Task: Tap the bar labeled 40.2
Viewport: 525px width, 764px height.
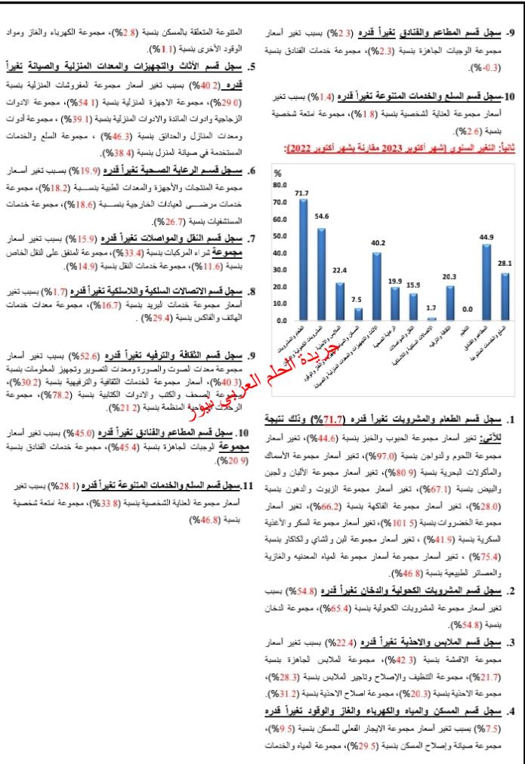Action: pyautogui.click(x=375, y=287)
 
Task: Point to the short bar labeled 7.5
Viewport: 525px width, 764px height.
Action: pyautogui.click(x=357, y=314)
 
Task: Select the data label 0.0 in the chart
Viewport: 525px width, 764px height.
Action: pyautogui.click(x=468, y=308)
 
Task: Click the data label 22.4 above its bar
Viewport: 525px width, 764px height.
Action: pyautogui.click(x=339, y=270)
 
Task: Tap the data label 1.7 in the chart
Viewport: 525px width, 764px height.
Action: pyautogui.click(x=431, y=307)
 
